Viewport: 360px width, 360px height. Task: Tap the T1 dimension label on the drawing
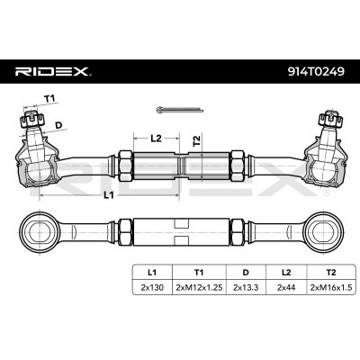point(49,100)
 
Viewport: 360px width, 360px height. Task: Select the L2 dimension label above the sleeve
point(155,138)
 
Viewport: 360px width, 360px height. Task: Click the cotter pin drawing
point(173,110)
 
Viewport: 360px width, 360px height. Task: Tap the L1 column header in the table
point(151,269)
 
